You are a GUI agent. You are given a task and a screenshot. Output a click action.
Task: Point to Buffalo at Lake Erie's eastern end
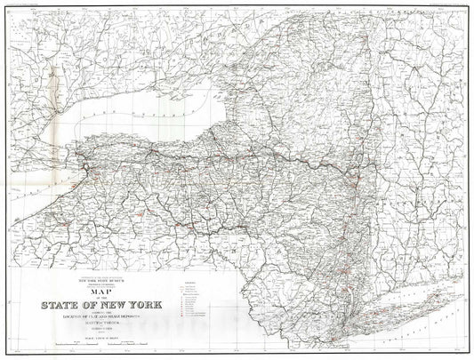pyautogui.click(x=84, y=165)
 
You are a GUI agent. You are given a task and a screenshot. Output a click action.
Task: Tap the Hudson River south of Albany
pyautogui.click(x=357, y=213)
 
